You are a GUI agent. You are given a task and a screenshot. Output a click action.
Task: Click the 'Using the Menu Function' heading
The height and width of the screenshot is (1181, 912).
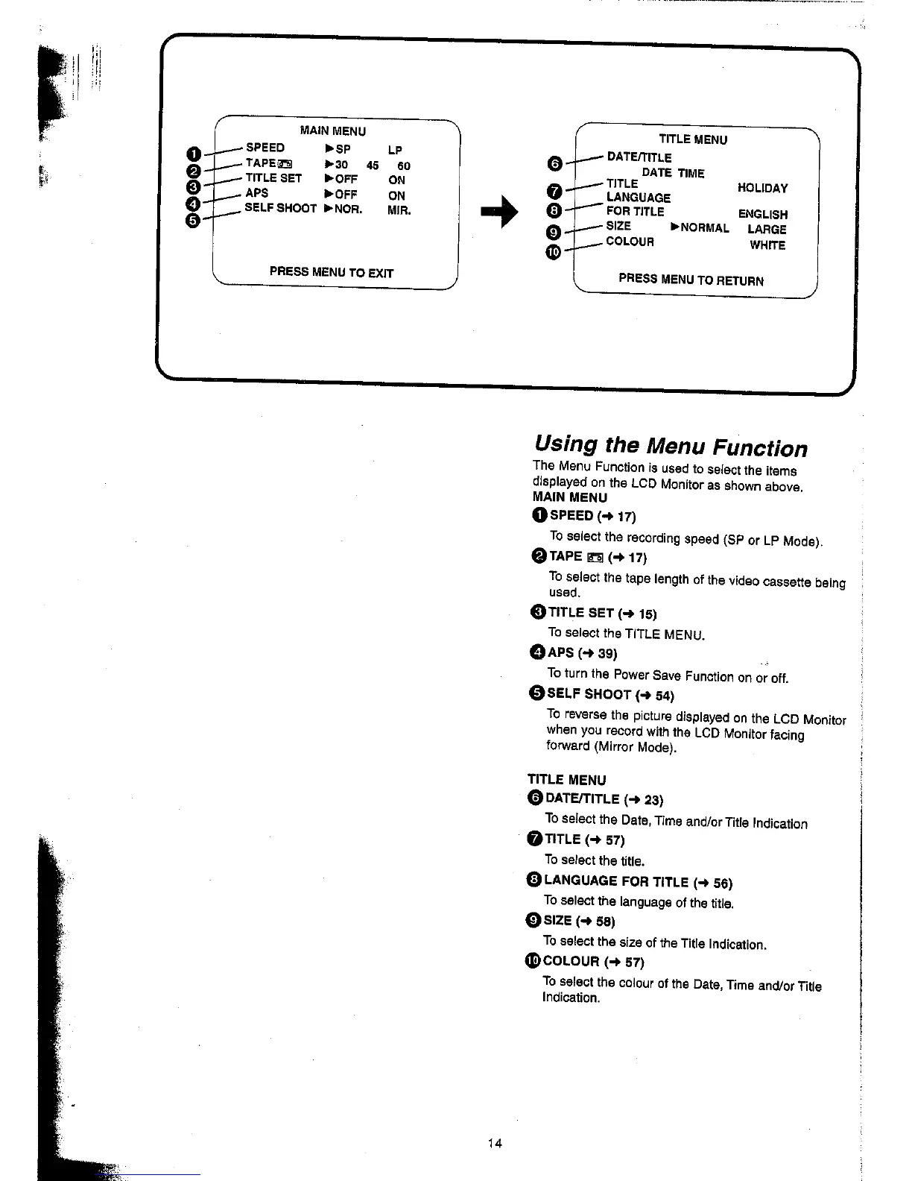pyautogui.click(x=671, y=447)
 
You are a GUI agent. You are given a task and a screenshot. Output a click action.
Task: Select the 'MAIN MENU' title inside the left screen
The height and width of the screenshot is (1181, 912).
pyautogui.click(x=332, y=131)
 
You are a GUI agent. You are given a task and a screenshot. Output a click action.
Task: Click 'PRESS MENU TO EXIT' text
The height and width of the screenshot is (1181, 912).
pyautogui.click(x=331, y=272)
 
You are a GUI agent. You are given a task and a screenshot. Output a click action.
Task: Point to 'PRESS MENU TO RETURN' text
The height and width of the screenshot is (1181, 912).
pyautogui.click(x=691, y=280)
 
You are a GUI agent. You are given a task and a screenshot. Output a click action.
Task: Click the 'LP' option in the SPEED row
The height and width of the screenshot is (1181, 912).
pyautogui.click(x=395, y=150)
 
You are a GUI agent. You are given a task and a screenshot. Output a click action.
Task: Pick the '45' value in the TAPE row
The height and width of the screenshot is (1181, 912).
pyautogui.click(x=373, y=166)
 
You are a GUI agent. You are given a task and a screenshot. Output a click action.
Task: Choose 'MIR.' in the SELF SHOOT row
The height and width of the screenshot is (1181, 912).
pyautogui.click(x=399, y=211)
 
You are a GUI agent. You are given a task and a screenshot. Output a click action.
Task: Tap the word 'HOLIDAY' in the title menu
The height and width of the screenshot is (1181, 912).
pyautogui.click(x=762, y=189)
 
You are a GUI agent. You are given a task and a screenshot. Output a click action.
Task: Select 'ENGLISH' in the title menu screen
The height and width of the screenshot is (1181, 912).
pyautogui.click(x=762, y=215)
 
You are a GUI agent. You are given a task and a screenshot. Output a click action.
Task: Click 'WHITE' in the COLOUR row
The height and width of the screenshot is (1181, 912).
pyautogui.click(x=767, y=245)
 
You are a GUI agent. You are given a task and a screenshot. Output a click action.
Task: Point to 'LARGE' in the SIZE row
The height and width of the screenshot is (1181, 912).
pyautogui.click(x=767, y=230)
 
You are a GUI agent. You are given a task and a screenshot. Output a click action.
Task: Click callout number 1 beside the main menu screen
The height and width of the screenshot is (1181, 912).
pyautogui.click(x=193, y=154)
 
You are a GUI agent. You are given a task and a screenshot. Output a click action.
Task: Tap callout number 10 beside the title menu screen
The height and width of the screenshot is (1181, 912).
pyautogui.click(x=552, y=253)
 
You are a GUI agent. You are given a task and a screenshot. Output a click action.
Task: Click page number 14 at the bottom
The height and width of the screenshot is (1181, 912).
pyautogui.click(x=494, y=1144)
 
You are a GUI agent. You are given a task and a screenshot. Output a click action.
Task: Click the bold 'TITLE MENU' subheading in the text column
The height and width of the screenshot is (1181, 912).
pyautogui.click(x=567, y=780)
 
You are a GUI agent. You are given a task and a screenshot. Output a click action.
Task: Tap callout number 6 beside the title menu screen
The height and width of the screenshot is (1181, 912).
pyautogui.click(x=554, y=163)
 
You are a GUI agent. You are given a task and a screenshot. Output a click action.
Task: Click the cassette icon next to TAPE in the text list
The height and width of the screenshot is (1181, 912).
pyautogui.click(x=595, y=557)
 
